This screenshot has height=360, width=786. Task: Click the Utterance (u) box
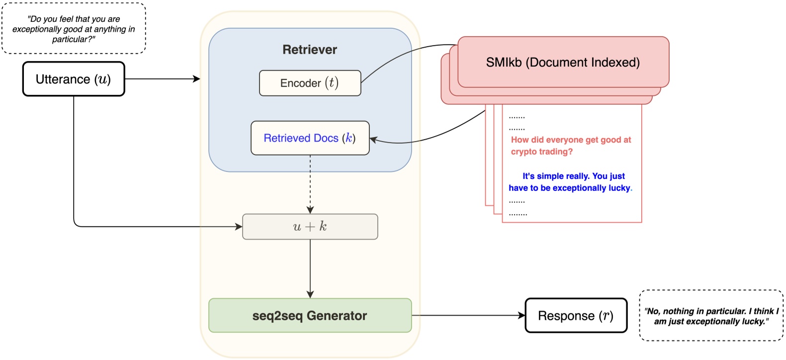74,79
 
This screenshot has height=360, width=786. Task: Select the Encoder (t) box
310,83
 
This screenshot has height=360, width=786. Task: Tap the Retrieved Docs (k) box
310,138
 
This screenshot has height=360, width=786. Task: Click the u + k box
310,227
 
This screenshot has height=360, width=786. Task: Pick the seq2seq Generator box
310,316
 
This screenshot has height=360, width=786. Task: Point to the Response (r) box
576,316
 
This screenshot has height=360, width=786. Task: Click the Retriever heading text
310,50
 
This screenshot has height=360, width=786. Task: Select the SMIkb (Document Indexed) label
563,63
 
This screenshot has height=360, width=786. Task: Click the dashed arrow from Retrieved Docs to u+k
310,184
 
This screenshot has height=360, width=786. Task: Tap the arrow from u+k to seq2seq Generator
310,269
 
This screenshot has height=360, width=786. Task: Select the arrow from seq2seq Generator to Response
467,315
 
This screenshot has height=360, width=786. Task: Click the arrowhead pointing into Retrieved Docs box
373,140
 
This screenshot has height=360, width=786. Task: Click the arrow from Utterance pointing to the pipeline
162,79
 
